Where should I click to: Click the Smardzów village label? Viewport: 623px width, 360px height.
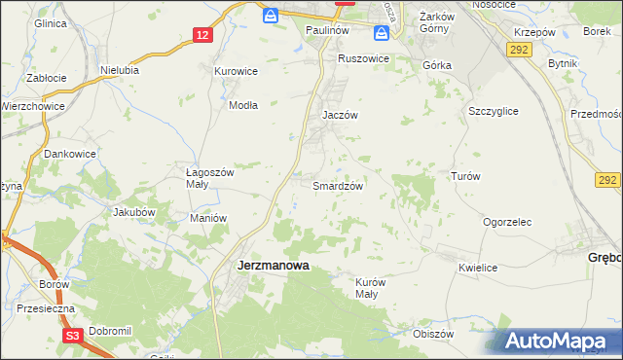[338, 186]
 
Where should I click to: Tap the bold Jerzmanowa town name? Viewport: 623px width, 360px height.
[274, 264]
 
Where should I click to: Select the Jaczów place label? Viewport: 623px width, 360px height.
[341, 114]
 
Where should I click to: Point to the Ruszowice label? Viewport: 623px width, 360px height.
[363, 58]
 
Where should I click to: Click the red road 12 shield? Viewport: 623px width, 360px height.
[202, 35]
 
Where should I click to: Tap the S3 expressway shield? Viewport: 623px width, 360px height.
[71, 336]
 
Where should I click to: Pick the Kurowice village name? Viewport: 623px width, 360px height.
[236, 71]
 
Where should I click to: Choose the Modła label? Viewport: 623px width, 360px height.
[242, 106]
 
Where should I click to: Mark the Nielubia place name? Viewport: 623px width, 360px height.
[120, 70]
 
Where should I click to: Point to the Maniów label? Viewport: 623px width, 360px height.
[208, 218]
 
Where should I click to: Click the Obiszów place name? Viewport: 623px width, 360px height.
[434, 334]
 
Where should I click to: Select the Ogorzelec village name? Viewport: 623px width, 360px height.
[507, 222]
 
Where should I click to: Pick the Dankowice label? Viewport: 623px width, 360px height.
[70, 153]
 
